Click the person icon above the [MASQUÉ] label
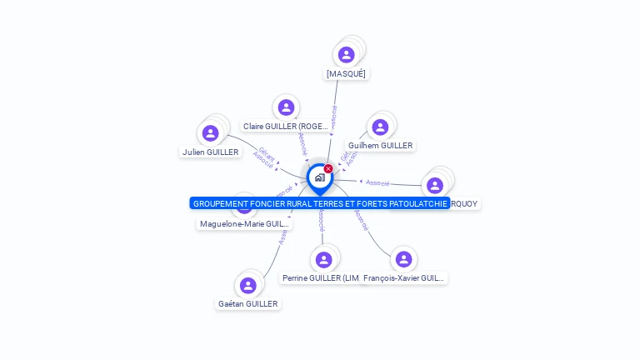[347, 55]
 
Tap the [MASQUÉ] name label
[346, 73]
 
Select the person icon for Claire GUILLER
[286, 107]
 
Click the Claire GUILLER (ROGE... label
[286, 126]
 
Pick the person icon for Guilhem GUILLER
[380, 127]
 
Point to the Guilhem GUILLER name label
[380, 145]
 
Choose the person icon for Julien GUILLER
[211, 133]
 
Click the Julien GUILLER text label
[211, 152]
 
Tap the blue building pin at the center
[319, 177]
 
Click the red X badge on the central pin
[328, 169]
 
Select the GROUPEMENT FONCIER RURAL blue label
[320, 203]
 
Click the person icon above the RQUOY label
[434, 185]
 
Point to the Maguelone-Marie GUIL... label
[244, 223]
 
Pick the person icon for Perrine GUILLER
[323, 260]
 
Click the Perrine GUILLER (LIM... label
[321, 277]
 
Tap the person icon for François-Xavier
[404, 260]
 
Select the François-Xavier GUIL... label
[405, 277]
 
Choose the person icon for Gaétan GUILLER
[248, 286]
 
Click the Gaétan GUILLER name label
[248, 304]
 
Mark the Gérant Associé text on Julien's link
[265, 157]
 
